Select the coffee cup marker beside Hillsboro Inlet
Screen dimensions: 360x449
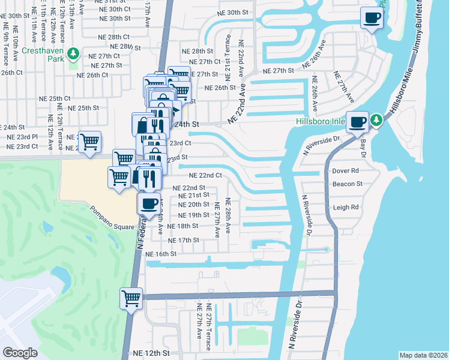[x=358, y=122]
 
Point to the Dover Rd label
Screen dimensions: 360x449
[x=345, y=171]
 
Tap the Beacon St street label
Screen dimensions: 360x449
[x=348, y=184]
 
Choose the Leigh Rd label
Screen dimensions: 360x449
[x=345, y=208]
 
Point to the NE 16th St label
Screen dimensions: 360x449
[x=161, y=254]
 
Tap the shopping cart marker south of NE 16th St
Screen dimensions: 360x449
[x=131, y=298]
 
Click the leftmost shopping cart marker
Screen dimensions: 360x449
[x=89, y=143]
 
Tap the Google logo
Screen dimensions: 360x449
[x=20, y=352]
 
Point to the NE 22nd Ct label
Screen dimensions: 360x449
[x=205, y=176]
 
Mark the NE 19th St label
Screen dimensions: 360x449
[x=193, y=215]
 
